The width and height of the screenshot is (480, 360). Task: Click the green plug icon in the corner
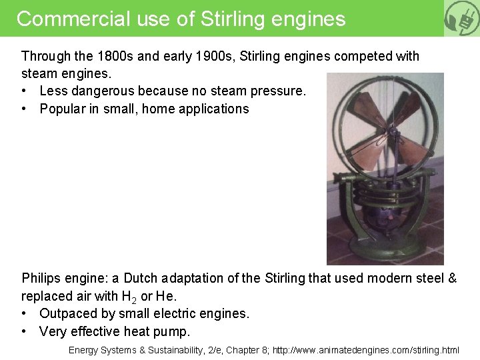462,18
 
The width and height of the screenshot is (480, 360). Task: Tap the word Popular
65,109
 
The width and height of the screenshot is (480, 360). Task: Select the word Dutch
141,278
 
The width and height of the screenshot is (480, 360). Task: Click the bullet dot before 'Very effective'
25,331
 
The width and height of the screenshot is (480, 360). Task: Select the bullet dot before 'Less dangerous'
25,91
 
